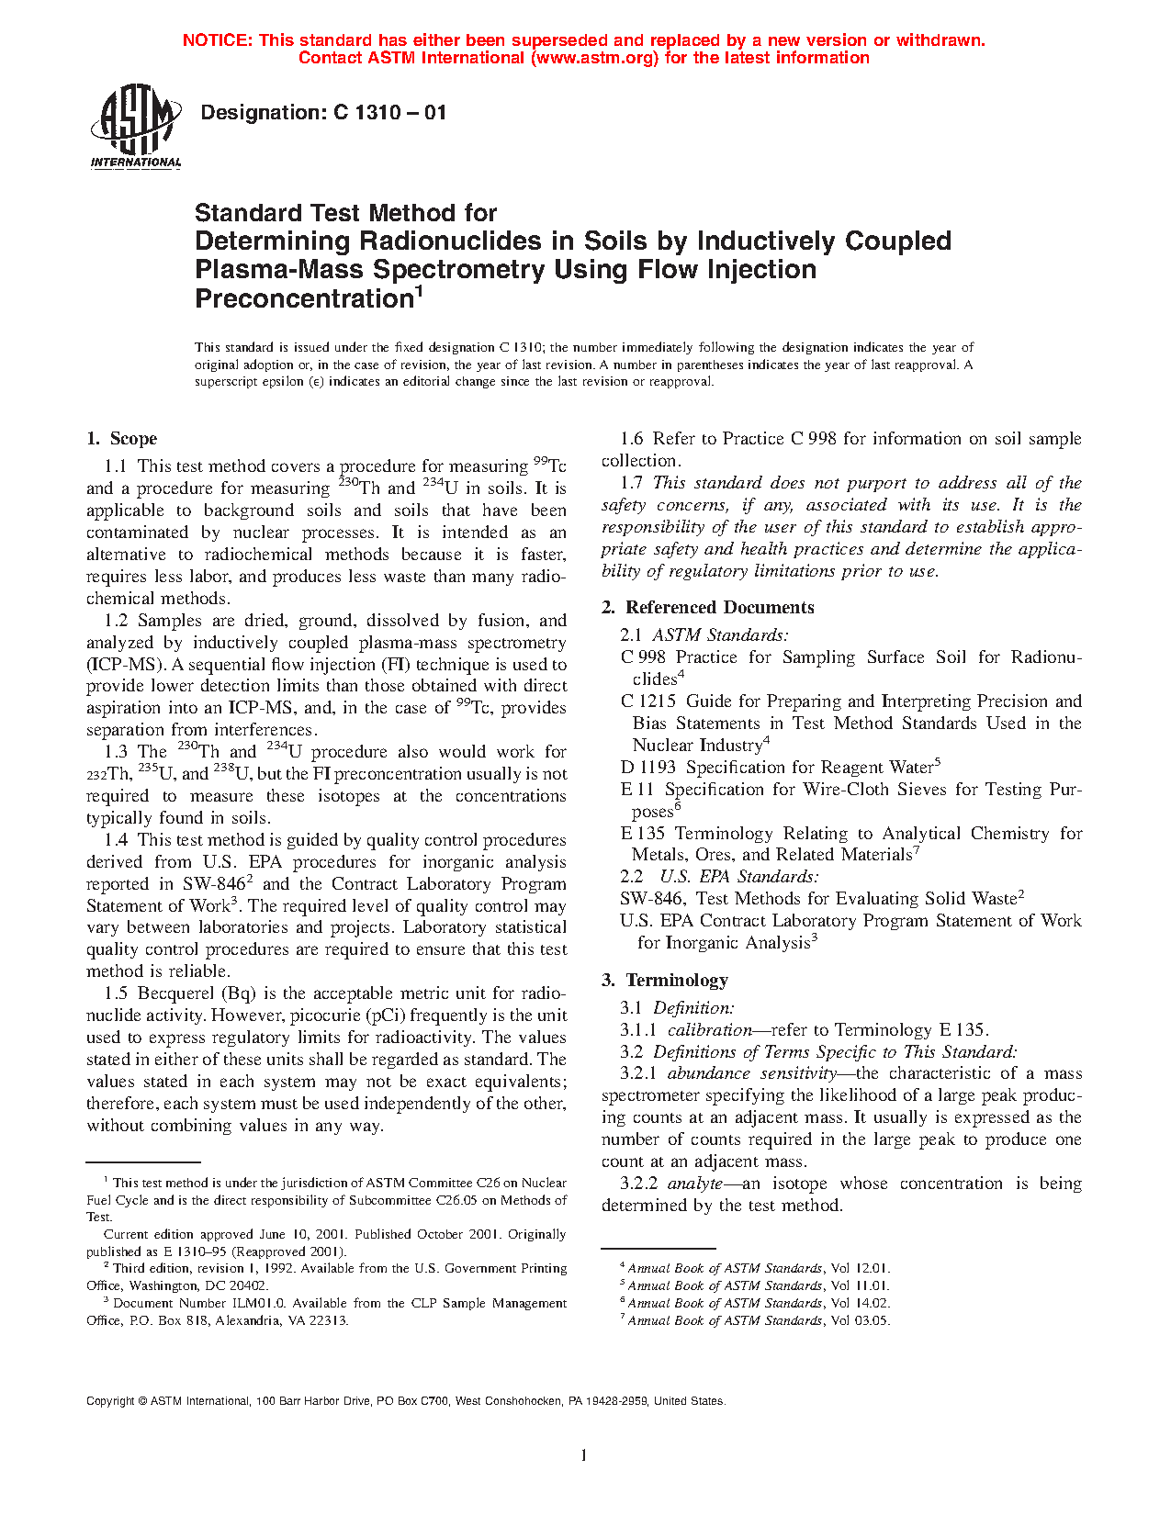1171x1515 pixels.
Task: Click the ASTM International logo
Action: pyautogui.click(x=136, y=127)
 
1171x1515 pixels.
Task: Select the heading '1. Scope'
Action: pyautogui.click(x=122, y=439)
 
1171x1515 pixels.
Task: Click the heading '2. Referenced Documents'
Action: pyautogui.click(x=708, y=608)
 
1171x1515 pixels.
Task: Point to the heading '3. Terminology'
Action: pyautogui.click(x=665, y=981)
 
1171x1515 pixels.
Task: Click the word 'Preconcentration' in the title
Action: pyautogui.click(x=304, y=299)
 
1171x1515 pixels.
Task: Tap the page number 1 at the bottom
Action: pyautogui.click(x=583, y=1454)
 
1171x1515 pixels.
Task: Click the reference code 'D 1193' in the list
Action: pyautogui.click(x=648, y=768)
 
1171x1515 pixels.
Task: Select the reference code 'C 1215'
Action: pyautogui.click(x=648, y=701)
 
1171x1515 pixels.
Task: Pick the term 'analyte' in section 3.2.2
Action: pyautogui.click(x=694, y=1184)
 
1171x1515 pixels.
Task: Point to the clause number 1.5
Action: pyautogui.click(x=116, y=993)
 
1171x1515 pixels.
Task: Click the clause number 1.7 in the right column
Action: pyautogui.click(x=632, y=483)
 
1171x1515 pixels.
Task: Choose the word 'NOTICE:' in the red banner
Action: pyautogui.click(x=218, y=40)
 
